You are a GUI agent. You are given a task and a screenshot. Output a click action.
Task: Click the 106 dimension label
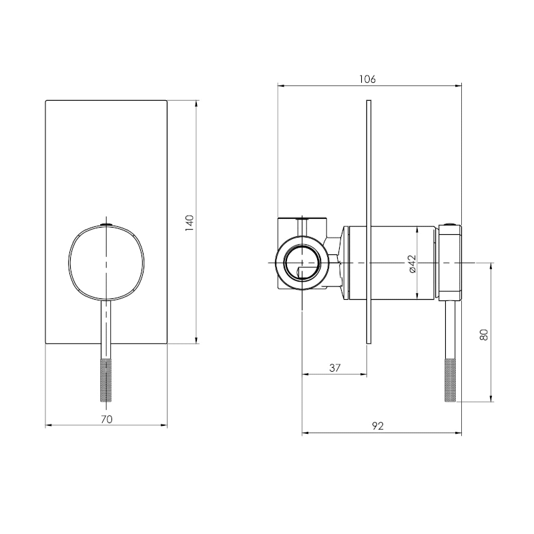point(368,79)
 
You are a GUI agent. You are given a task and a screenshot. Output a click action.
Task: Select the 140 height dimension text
point(190,223)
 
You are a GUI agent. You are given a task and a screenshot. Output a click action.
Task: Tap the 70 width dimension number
point(107,419)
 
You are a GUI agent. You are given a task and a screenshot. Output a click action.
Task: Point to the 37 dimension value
point(335,368)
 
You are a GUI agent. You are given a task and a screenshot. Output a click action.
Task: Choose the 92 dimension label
point(378,426)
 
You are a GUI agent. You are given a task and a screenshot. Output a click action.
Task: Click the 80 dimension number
point(483,334)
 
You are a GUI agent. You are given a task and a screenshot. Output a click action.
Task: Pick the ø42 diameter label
point(412,264)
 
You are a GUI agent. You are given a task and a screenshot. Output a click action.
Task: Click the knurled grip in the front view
point(106,380)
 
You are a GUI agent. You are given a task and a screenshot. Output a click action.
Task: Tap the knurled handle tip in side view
point(450,380)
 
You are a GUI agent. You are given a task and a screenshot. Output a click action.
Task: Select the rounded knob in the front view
point(106,263)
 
